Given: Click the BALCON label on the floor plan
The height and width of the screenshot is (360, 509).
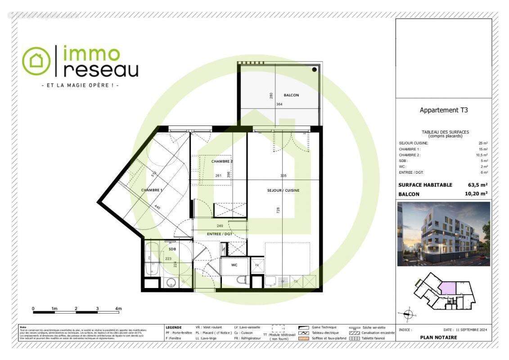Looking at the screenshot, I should pos(291,95).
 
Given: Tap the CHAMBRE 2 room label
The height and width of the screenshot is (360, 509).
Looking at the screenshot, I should pos(222,162).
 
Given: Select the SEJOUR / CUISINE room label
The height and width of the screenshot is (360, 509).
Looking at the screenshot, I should pos(283,190).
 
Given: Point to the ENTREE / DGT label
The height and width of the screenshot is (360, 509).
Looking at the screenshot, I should pos(219,234).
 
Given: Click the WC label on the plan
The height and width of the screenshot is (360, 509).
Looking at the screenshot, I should pos(234,265).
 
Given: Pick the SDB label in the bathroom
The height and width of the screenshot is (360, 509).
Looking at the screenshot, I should pos(172,249).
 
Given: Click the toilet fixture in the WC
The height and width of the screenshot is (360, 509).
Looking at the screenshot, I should pos(243,280).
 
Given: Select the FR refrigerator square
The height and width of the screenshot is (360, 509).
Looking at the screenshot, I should pos(257,265).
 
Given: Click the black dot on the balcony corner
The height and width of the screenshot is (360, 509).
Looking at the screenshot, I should pos(315,70).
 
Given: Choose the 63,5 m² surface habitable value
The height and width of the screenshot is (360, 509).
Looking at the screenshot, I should pos(478,184).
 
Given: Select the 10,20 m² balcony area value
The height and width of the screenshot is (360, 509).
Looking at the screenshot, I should pos(476,194).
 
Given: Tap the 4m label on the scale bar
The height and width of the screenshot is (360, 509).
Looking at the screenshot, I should pos(118,309).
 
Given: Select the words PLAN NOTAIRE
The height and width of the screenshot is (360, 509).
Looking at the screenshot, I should pos(438,337).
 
